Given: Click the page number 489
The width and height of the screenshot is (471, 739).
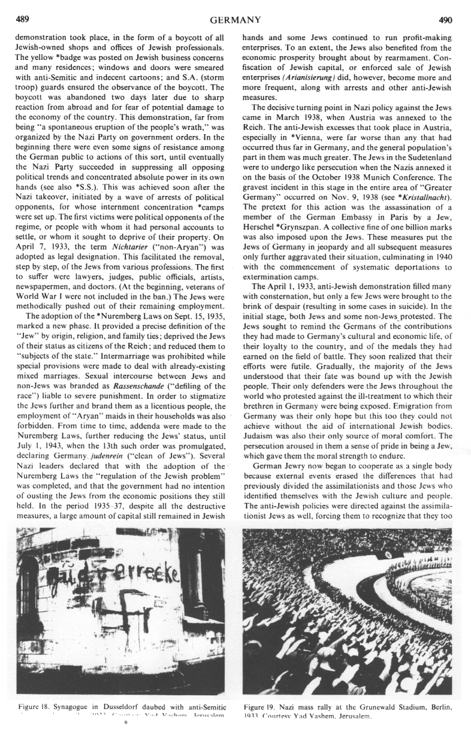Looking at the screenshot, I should coord(17,19).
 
